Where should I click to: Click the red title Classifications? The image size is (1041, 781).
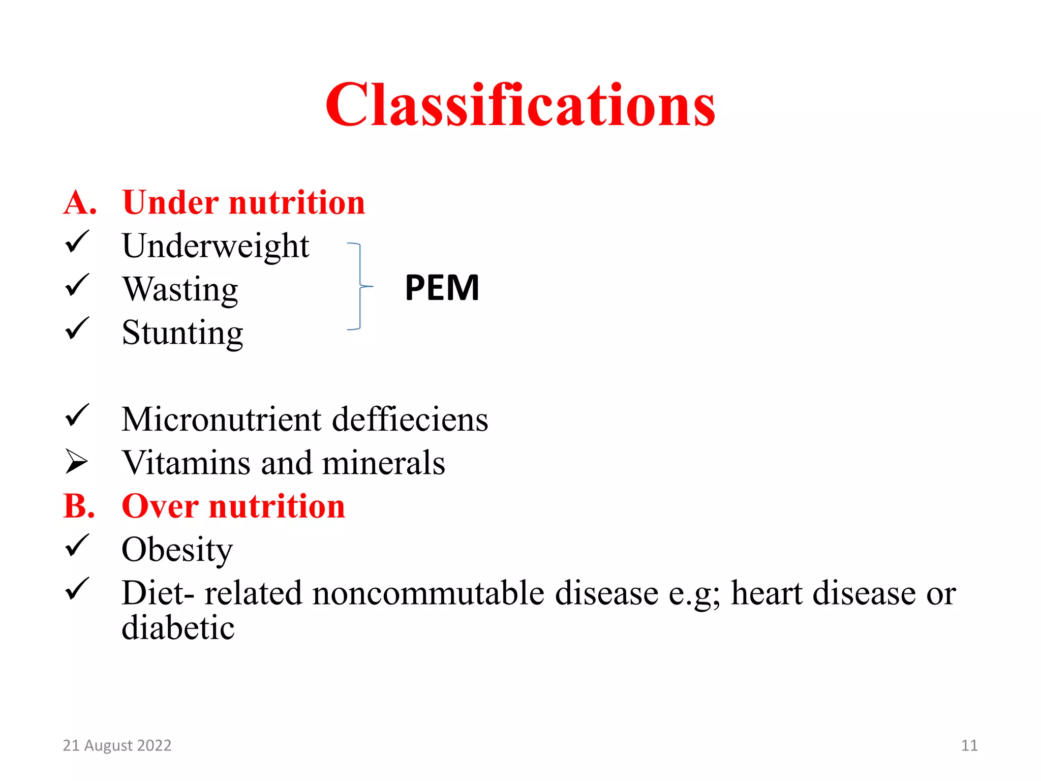520,105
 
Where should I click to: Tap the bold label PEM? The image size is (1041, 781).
442,288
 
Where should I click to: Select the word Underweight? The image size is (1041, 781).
216,246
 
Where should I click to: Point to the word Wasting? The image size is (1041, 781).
180,290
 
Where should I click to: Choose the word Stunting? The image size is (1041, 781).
182,333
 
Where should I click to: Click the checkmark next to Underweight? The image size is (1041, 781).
77,242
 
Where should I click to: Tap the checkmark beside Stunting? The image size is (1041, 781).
77,329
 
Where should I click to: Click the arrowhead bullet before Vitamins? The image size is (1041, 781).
76,462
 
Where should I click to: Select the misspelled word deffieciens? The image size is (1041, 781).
410,420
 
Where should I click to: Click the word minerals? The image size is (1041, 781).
383,463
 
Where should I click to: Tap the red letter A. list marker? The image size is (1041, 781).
80,203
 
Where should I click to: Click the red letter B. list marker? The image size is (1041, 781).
79,506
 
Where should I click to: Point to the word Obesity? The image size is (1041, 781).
177,550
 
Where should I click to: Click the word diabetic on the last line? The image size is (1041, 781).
178,628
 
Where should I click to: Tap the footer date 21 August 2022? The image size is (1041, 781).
117,745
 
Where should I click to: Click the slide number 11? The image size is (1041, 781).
969,745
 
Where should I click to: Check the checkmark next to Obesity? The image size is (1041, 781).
77,546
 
